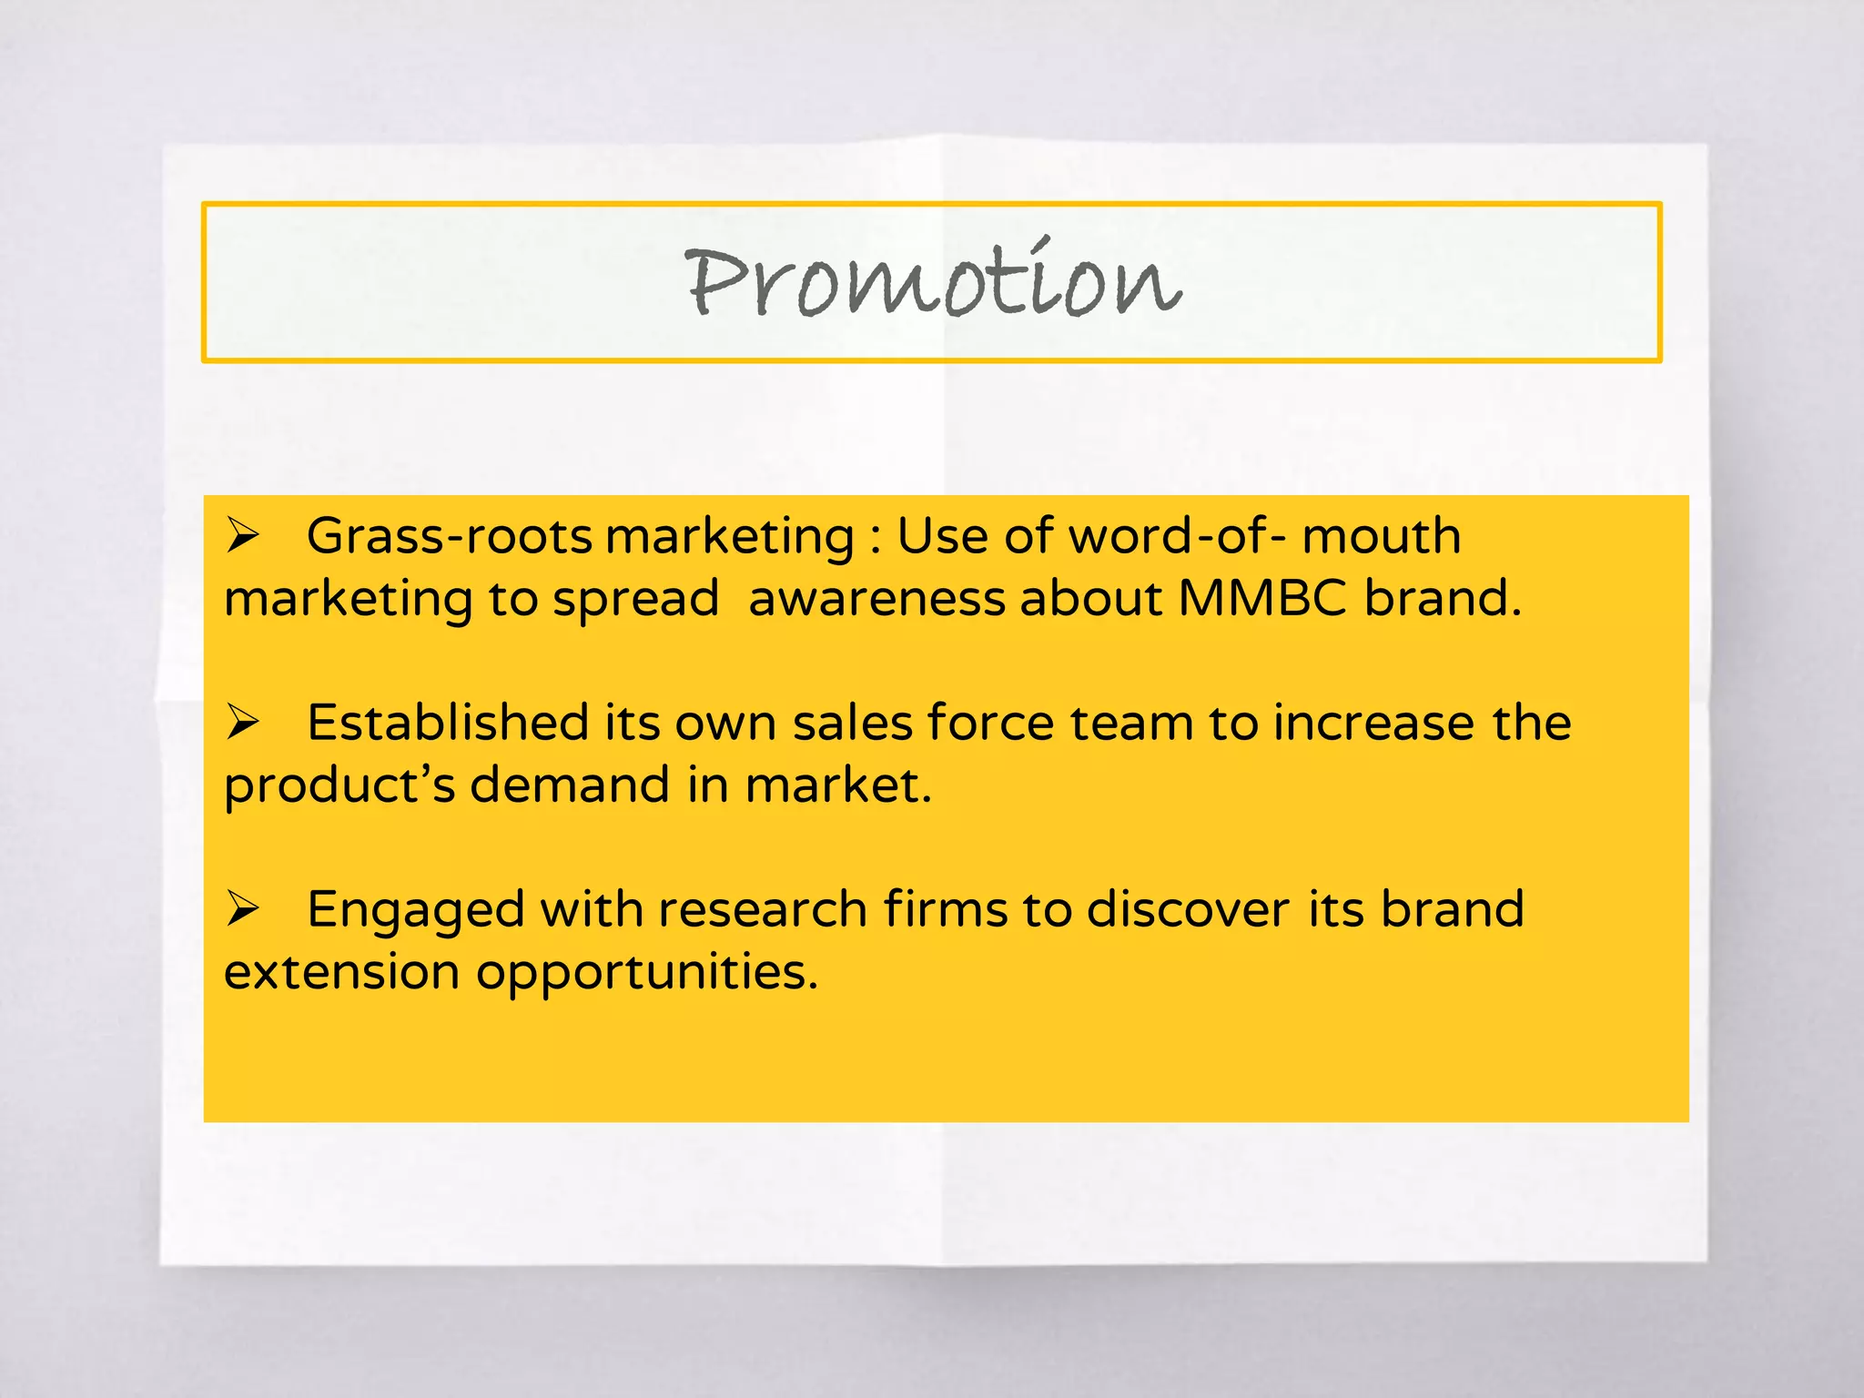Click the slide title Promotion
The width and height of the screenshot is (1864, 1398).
pos(932,282)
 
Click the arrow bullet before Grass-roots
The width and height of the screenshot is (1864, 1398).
pos(243,534)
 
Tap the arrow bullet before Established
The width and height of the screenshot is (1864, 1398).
pos(243,722)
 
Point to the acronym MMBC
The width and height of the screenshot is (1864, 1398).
pos(1262,599)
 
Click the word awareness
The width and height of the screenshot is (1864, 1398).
pos(876,599)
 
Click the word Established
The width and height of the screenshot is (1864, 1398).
pos(448,723)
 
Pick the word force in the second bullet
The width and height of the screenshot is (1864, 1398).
pos(990,723)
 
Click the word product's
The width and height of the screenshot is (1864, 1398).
pos(339,786)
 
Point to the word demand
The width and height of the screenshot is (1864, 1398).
pos(570,785)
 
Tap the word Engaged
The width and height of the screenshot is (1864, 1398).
pos(416,910)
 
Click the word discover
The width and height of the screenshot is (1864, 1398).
pos(1188,909)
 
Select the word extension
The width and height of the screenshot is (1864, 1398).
pos(341,972)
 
